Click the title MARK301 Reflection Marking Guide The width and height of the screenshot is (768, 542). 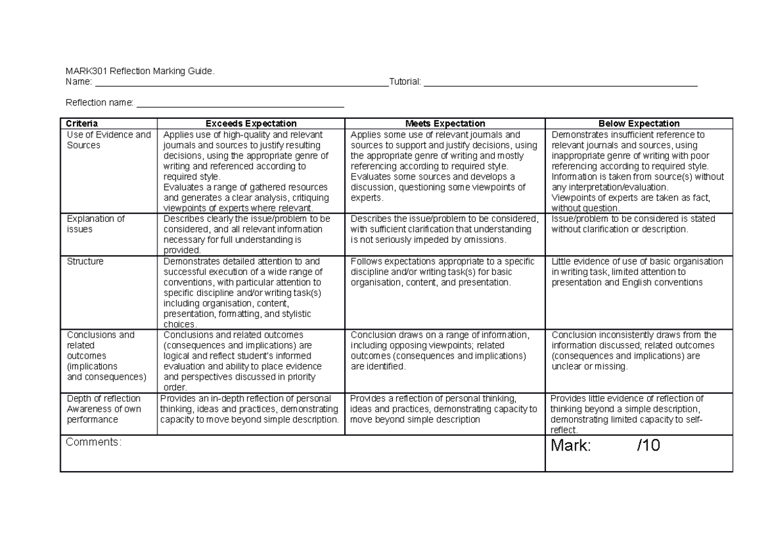point(141,71)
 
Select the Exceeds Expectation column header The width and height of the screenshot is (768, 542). point(250,123)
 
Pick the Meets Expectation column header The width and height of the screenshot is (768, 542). point(445,123)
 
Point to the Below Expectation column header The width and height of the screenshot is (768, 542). point(638,123)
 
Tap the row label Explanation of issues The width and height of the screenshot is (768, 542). point(88,224)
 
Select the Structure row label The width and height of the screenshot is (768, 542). point(85,261)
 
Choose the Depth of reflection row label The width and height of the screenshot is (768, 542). point(104,409)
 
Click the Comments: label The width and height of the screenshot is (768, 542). point(93,442)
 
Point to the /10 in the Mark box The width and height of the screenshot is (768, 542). point(648,447)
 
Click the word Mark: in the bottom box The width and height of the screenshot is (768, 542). point(571,447)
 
